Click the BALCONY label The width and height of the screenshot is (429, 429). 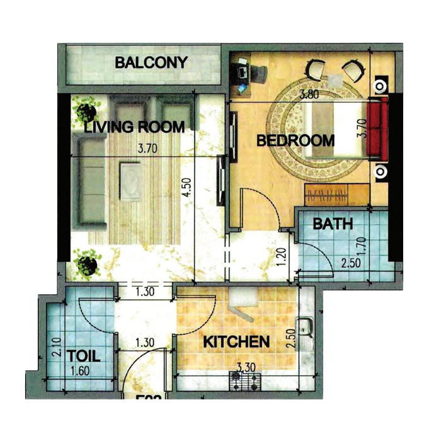point(151,62)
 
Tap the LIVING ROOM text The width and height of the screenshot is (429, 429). point(135,127)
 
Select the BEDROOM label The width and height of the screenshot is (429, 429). point(295,140)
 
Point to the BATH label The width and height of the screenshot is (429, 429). point(333,224)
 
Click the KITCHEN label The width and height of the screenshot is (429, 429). point(236,342)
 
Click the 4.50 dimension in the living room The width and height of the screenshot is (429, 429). point(184,188)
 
